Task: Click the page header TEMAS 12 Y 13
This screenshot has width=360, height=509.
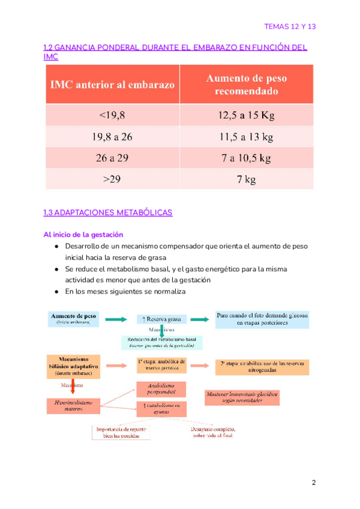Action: click(x=290, y=27)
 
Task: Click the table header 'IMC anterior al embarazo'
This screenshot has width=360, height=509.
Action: click(x=112, y=85)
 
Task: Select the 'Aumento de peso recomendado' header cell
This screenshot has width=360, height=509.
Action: click(x=247, y=85)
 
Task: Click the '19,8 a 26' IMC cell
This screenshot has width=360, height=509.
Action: click(x=112, y=137)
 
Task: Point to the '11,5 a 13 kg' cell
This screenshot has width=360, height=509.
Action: click(x=247, y=137)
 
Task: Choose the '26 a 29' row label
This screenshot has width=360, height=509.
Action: click(x=112, y=158)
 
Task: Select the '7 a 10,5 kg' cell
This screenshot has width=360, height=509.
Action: click(x=247, y=158)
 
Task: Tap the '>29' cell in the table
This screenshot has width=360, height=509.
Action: click(x=112, y=179)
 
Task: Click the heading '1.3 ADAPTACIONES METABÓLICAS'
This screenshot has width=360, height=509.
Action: click(x=108, y=212)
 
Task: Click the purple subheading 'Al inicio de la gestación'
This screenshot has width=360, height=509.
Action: click(x=83, y=235)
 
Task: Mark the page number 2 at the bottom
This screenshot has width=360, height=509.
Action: click(x=313, y=483)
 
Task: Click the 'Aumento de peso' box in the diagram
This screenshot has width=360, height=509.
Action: click(x=74, y=318)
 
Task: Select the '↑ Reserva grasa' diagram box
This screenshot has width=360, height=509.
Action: click(x=162, y=319)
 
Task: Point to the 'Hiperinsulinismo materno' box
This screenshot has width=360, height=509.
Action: click(x=71, y=406)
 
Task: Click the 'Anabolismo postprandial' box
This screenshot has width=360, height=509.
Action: click(x=160, y=388)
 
